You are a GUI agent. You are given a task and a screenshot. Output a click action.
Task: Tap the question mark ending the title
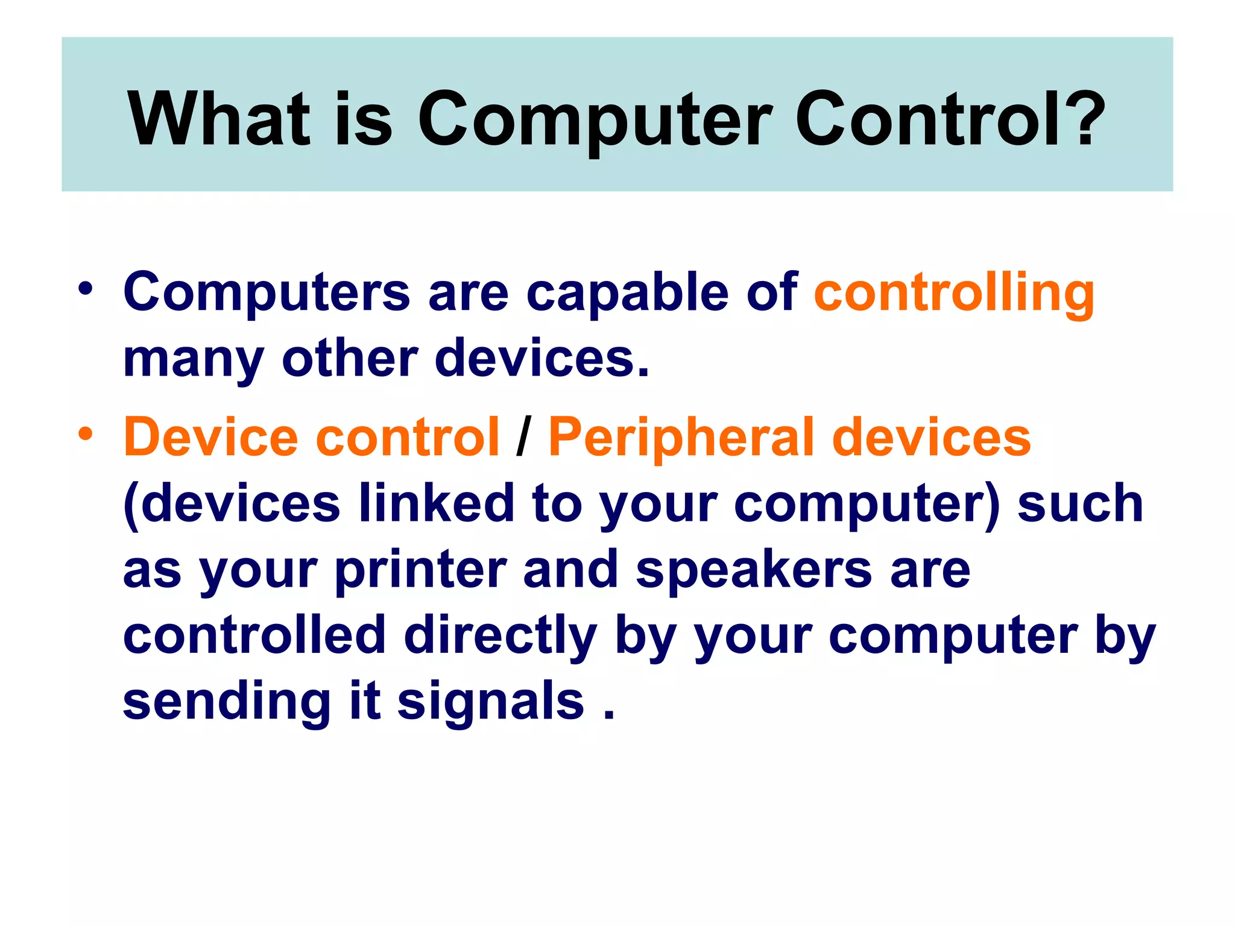(1085, 119)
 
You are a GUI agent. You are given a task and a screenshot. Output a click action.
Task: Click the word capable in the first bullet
(627, 292)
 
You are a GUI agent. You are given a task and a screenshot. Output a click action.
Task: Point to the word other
(350, 358)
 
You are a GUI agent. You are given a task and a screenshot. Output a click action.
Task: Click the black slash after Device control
(523, 438)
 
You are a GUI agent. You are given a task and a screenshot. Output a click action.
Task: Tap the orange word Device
(211, 436)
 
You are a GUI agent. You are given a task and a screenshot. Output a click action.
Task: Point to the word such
(1079, 503)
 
